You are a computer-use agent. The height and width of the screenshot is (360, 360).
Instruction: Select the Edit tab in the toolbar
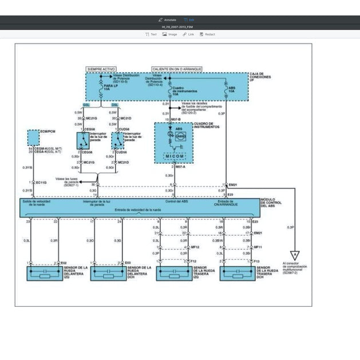tap(189, 19)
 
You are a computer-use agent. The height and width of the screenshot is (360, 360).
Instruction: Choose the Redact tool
tap(207, 34)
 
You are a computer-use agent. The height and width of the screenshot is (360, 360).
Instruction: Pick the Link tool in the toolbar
tap(188, 34)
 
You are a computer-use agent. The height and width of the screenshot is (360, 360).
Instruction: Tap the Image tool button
tap(169, 34)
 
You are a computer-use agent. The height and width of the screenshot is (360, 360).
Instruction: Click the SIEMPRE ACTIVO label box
tap(100, 69)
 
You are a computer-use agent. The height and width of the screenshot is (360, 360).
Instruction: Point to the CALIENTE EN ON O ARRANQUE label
tap(177, 69)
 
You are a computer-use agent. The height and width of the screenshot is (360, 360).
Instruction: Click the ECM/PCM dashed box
tap(34, 137)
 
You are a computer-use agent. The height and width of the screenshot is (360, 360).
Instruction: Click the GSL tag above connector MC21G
tap(86, 105)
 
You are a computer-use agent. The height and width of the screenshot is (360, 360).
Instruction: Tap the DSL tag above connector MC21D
tap(114, 105)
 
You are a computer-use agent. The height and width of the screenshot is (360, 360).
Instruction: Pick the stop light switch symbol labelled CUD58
tap(117, 141)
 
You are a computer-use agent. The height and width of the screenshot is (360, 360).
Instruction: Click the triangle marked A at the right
tap(294, 256)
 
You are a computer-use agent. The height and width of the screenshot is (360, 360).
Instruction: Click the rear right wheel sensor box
tap(238, 273)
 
